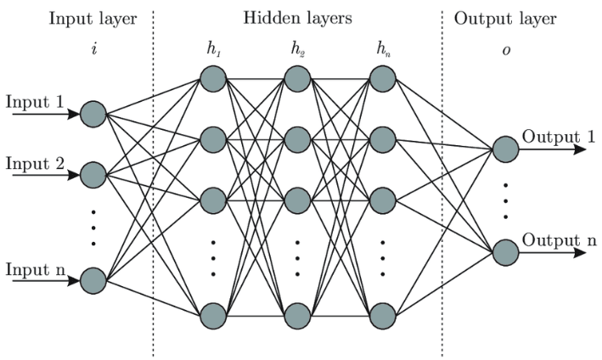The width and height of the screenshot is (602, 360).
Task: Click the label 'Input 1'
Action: point(34,102)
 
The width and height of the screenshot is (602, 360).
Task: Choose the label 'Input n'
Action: point(34,269)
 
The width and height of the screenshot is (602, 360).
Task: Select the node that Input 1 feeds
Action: point(93,114)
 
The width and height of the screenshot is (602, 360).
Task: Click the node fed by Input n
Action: point(93,280)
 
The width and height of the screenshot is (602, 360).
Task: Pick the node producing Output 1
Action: point(504,149)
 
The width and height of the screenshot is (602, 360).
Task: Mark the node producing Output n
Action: point(504,252)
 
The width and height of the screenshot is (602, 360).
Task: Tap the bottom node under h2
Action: point(296,315)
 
